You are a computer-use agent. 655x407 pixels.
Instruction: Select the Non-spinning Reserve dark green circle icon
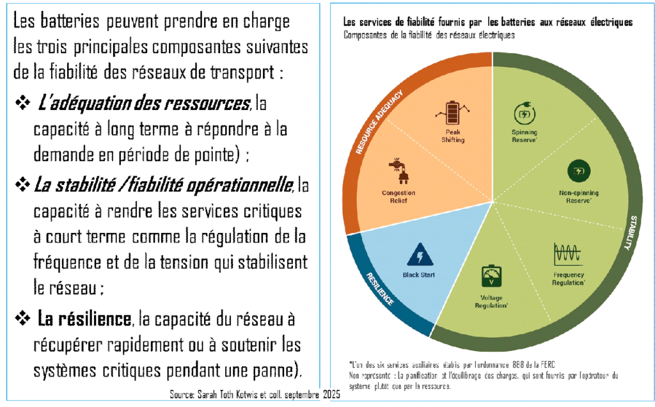coord(579,171)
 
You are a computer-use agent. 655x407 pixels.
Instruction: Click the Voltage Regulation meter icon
coord(489,277)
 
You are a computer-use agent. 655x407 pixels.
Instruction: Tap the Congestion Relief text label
coord(399,196)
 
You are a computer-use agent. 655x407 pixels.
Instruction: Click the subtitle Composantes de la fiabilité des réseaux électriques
coord(429,35)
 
